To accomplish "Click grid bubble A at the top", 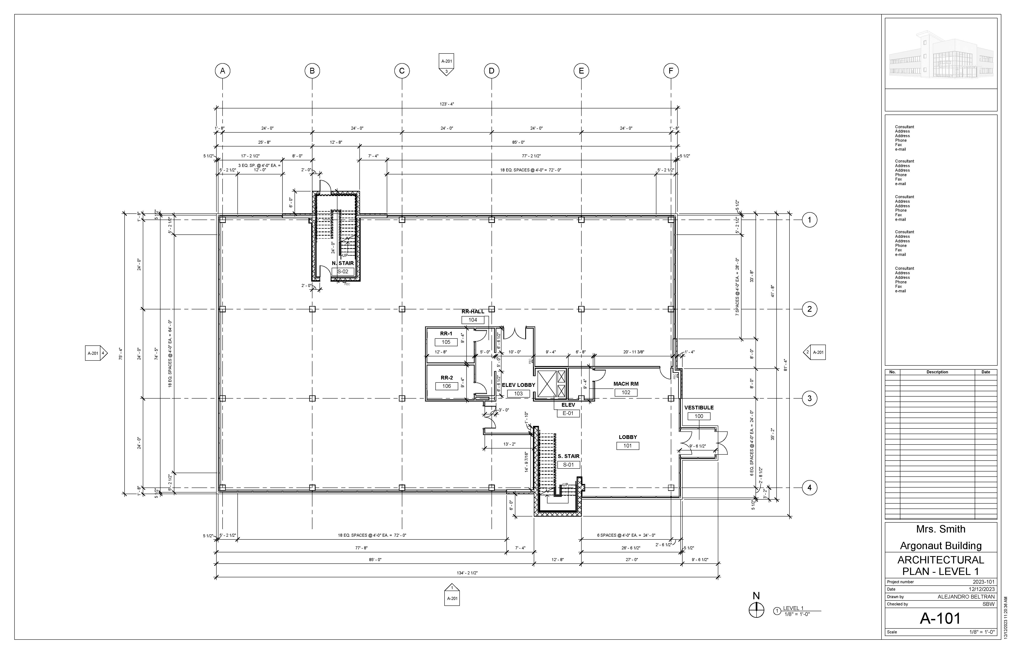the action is coord(222,71).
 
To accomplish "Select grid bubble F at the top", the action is coord(671,71).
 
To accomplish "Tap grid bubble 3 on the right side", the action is coord(809,398).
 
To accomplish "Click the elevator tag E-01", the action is coord(568,413).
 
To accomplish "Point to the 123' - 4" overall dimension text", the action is coord(447,104).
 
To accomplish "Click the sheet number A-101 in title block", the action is coord(940,619).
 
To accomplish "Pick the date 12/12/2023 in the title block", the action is coord(982,589).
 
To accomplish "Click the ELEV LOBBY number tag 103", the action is coord(518,394).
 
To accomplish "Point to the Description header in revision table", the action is coord(937,372).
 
